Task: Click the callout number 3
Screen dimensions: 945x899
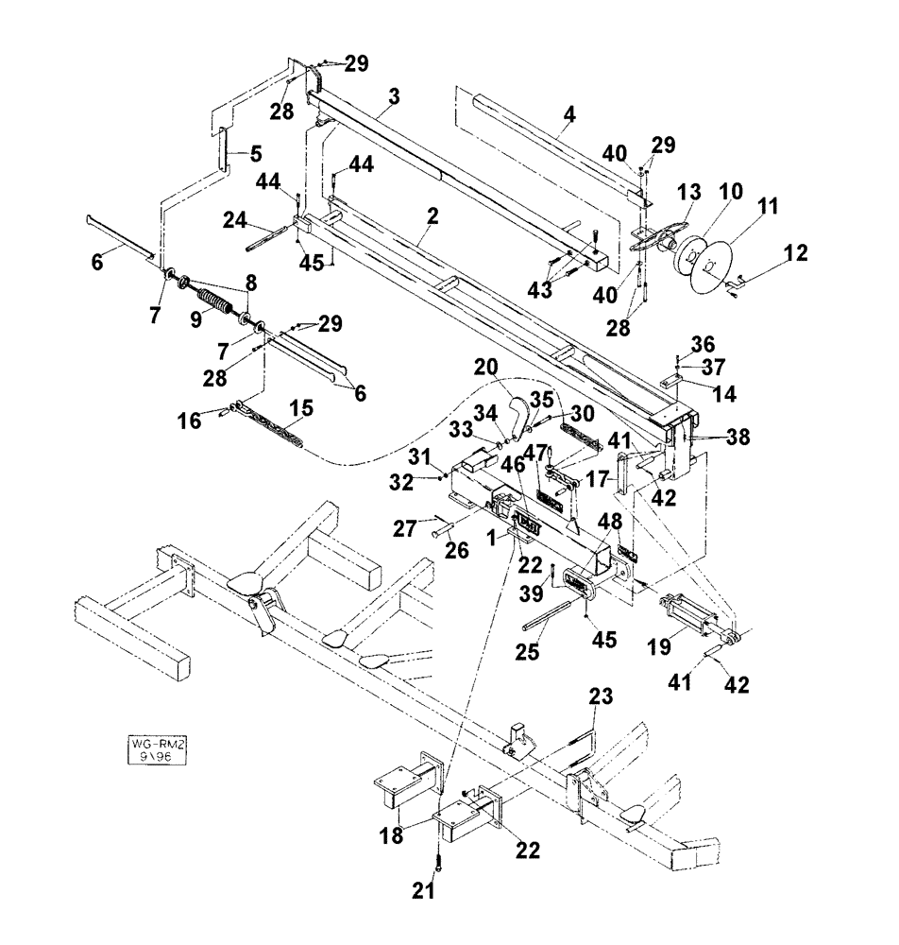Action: tap(393, 96)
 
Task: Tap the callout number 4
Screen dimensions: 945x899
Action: tap(568, 120)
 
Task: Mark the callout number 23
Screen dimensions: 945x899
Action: tap(601, 700)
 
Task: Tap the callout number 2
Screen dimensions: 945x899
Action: tap(432, 216)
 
